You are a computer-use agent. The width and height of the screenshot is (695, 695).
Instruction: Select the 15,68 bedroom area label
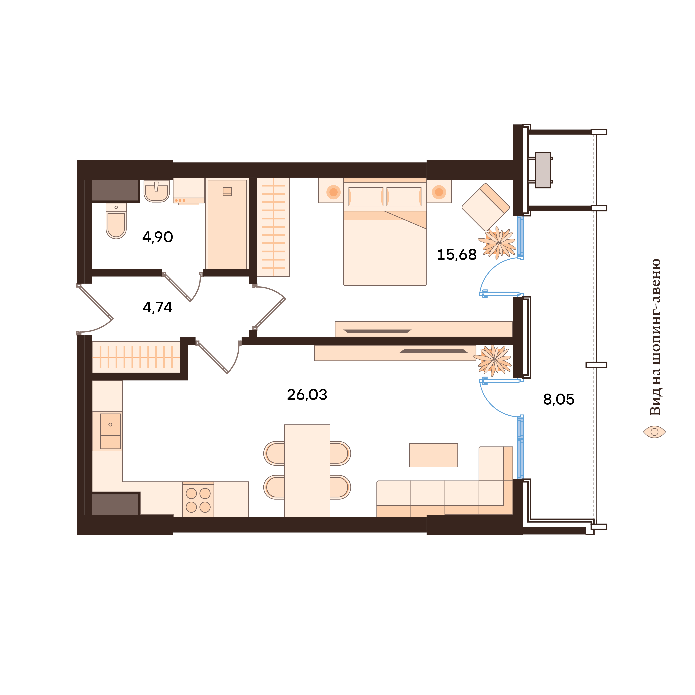(x=456, y=255)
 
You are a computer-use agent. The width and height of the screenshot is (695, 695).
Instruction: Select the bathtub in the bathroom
(x=227, y=224)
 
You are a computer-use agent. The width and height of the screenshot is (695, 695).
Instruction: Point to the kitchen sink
(x=110, y=431)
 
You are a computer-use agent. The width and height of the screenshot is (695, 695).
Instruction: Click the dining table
(x=307, y=471)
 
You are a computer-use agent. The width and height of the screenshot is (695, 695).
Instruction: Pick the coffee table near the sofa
(x=434, y=455)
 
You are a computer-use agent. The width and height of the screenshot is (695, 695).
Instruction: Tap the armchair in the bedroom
(x=485, y=207)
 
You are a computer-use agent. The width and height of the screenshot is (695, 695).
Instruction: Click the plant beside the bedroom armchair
(x=498, y=243)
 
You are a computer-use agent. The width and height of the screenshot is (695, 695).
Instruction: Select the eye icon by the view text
(x=654, y=432)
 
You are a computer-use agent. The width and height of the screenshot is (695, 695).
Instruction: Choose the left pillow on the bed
(x=366, y=197)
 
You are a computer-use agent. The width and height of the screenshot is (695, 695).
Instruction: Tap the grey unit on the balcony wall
(x=543, y=170)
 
